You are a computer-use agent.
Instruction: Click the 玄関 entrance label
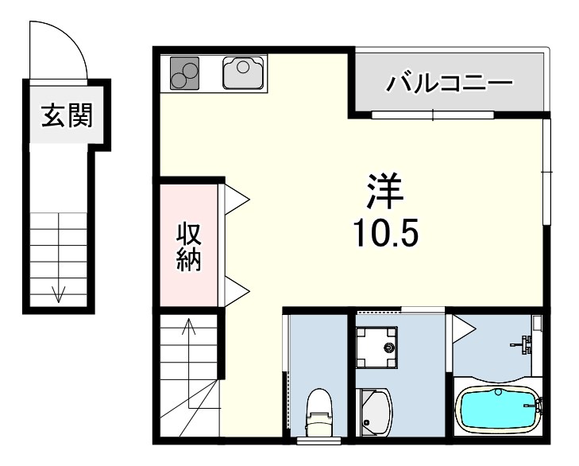tap(67, 116)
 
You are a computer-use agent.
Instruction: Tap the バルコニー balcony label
tap(450, 83)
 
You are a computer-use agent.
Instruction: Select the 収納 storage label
tap(187, 247)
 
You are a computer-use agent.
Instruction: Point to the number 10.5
tap(385, 232)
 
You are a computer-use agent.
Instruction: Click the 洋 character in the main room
tap(385, 191)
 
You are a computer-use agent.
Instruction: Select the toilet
tap(318, 409)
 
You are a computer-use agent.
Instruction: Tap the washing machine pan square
tap(377, 348)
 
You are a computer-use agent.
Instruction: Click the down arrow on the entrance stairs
tap(58, 293)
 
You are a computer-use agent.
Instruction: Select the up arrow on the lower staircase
tap(188, 326)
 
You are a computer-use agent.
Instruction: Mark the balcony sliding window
tap(433, 115)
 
